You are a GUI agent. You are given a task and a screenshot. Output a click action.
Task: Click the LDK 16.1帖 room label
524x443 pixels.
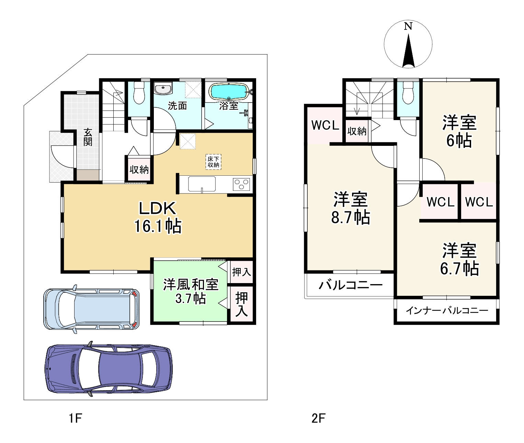tap(158, 217)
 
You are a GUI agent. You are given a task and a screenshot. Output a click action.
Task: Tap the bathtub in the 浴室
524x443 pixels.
tap(229, 91)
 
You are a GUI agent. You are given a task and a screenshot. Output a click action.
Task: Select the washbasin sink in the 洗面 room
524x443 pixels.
tap(163, 89)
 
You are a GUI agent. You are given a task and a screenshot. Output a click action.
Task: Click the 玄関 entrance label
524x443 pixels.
tap(88, 137)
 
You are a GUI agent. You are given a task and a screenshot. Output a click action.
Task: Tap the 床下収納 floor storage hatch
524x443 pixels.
tap(213, 162)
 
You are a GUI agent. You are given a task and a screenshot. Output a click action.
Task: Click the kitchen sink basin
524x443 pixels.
tap(202, 184)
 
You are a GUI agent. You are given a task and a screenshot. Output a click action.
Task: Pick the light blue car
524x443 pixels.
tap(91, 309)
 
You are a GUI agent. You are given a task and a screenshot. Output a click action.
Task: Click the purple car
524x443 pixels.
tap(109, 369)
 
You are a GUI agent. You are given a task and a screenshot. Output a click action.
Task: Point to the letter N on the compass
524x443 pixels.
tap(408, 26)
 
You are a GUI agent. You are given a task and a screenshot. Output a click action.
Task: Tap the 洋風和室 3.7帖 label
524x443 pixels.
tap(191, 291)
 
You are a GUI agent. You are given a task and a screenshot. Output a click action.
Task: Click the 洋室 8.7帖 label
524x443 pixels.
tap(350, 208)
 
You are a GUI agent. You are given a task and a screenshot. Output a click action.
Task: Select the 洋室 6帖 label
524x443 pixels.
tap(459, 131)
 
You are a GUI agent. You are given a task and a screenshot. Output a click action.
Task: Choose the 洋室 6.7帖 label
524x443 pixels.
tap(459, 259)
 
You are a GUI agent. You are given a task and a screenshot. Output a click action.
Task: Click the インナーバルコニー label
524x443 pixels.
tap(447, 311)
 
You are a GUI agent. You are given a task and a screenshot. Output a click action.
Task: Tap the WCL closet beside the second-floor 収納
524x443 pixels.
tap(325, 125)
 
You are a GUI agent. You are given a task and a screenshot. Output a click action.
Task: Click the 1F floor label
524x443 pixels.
tap(75, 418)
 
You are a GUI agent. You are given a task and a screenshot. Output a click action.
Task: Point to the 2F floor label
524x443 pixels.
tap(318, 418)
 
